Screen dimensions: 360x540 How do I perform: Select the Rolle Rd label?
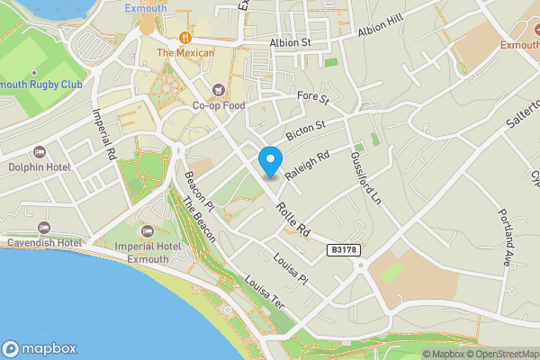coord(293,218)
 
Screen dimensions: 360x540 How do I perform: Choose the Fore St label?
coord(312,96)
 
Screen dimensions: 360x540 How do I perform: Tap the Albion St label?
coord(289,42)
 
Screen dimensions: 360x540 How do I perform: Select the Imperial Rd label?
coord(105,135)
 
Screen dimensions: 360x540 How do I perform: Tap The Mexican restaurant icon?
coord(185,37)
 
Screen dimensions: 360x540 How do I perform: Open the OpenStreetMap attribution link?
coord(498,354)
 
